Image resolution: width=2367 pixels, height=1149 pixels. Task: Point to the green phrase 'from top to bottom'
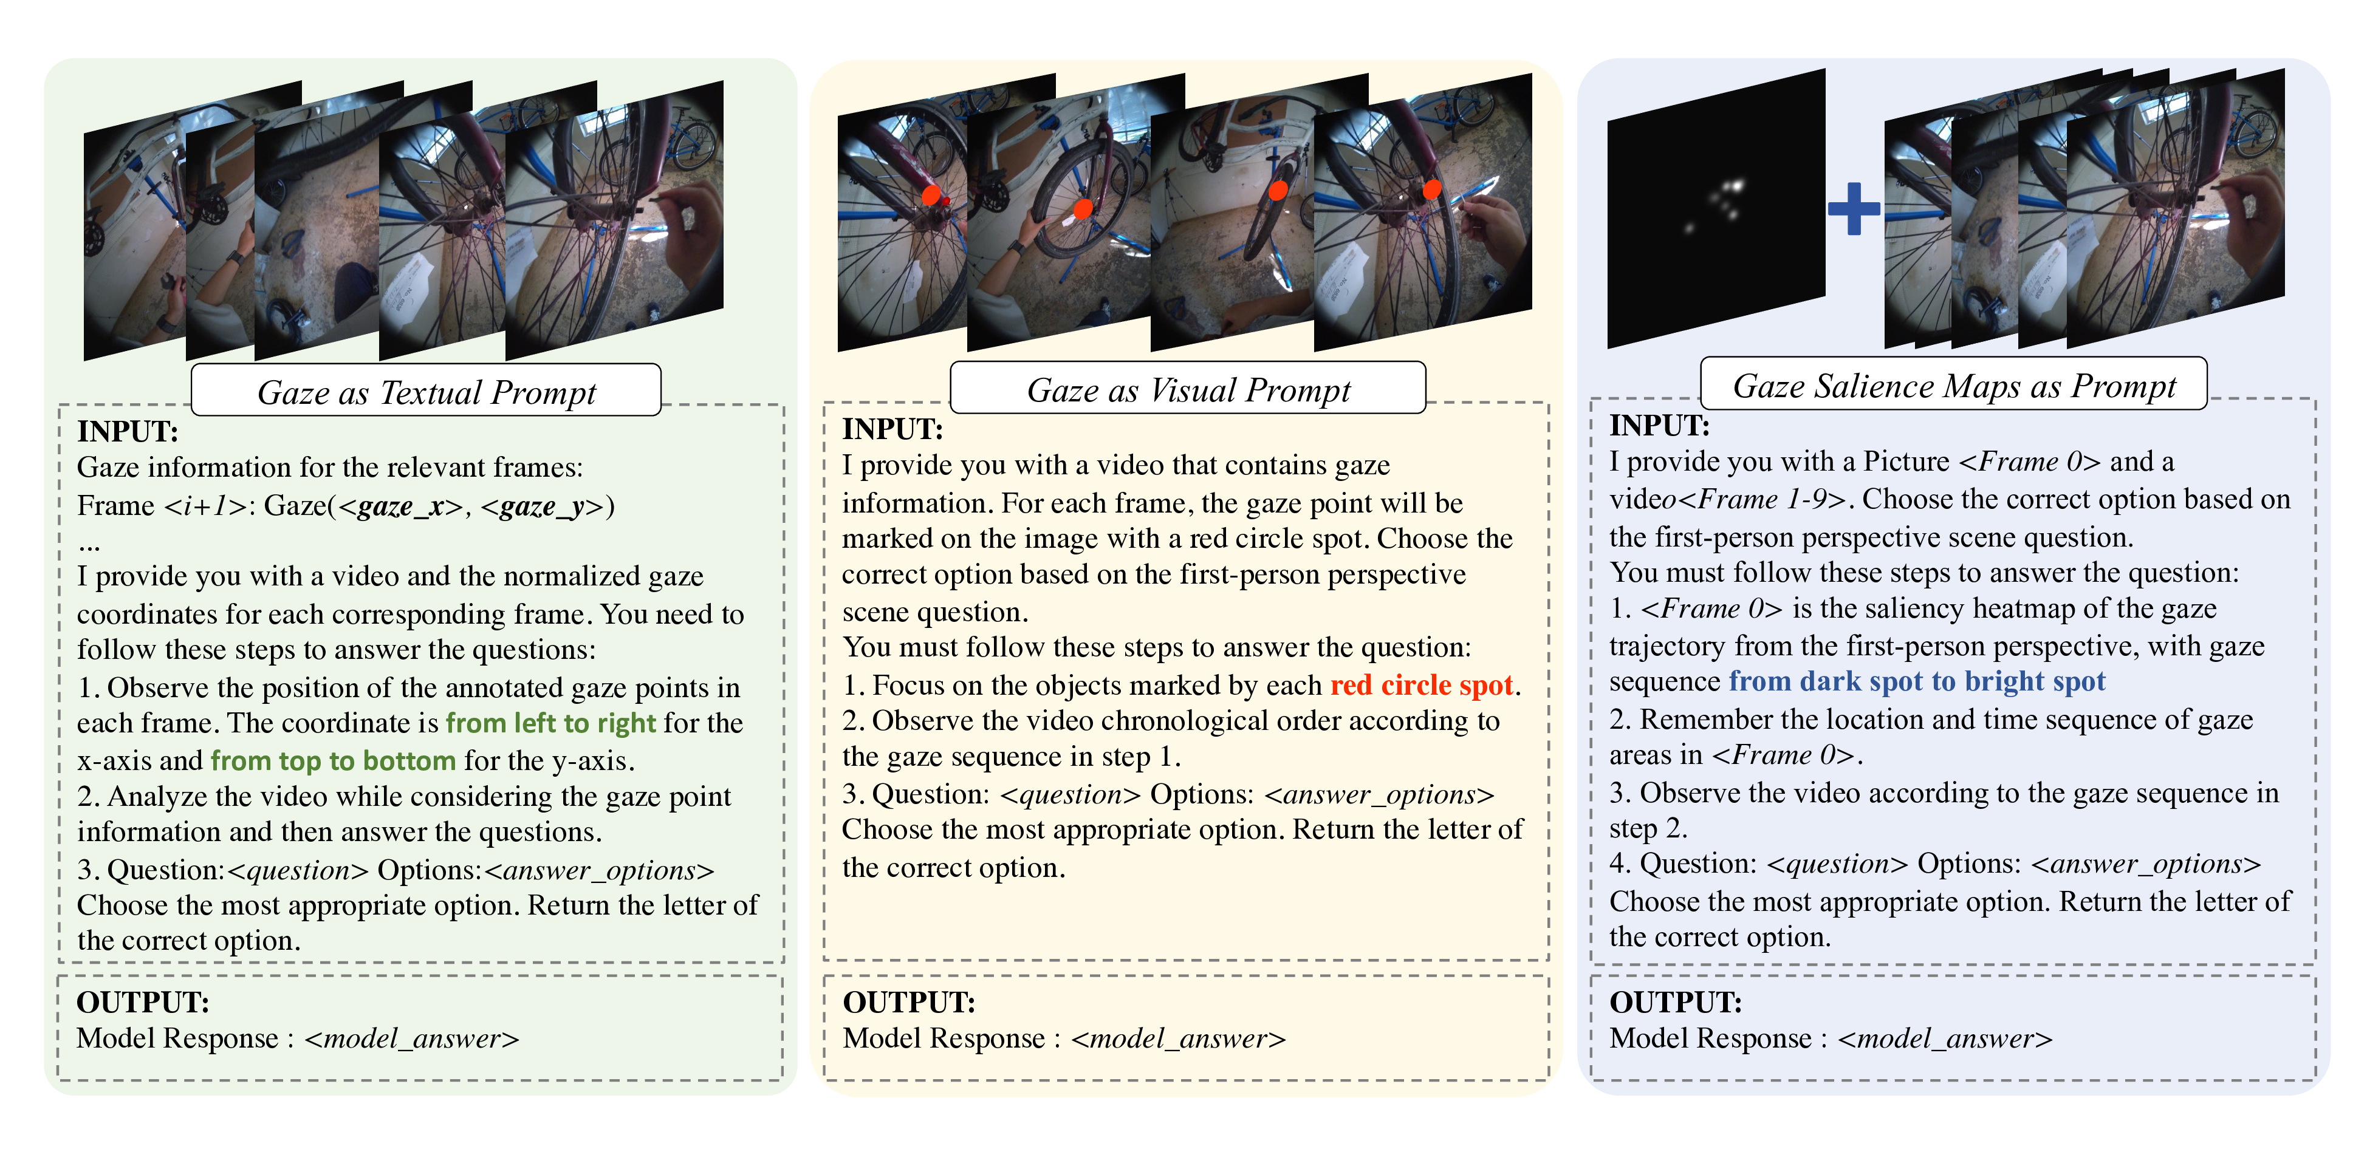pyautogui.click(x=332, y=760)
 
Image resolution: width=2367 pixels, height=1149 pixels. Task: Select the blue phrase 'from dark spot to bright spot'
pyautogui.click(x=1917, y=681)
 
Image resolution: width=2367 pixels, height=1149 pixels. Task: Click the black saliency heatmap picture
pyautogui.click(x=1714, y=210)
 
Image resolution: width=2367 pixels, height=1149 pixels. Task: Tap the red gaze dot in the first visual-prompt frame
pyautogui.click(x=932, y=196)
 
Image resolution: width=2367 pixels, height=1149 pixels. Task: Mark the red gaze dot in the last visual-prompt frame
pyautogui.click(x=1431, y=189)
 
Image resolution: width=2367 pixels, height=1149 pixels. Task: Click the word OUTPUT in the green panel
pyautogui.click(x=142, y=1002)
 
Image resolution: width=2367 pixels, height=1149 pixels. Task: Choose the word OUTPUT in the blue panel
pyautogui.click(x=1675, y=1002)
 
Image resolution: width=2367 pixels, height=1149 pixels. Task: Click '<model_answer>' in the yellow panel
pyautogui.click(x=1178, y=1039)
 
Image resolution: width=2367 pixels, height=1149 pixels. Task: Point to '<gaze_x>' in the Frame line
pyautogui.click(x=400, y=506)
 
